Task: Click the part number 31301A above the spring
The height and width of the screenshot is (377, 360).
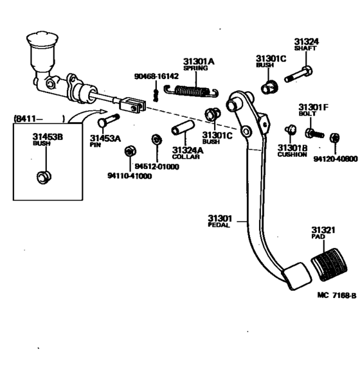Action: [199, 62]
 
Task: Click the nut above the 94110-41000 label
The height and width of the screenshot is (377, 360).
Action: [129, 152]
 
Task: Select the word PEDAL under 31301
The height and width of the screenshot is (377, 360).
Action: [219, 225]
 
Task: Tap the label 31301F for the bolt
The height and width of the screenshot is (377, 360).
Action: [313, 107]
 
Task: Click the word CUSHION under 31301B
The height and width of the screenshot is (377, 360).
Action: [292, 155]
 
